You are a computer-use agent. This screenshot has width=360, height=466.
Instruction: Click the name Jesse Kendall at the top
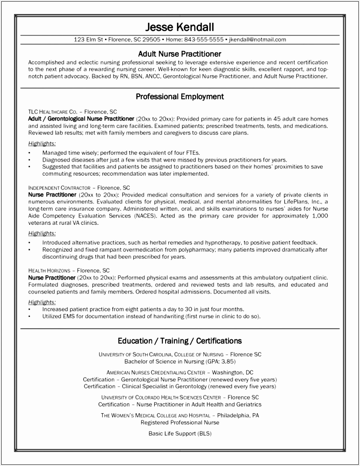pyautogui.click(x=180, y=27)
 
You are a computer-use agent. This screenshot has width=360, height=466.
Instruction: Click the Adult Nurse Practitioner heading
pyautogui.click(x=180, y=54)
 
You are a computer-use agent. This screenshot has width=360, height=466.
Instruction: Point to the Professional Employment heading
pyautogui.click(x=180, y=96)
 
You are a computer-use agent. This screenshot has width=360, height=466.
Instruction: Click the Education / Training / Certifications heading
pyautogui.click(x=180, y=341)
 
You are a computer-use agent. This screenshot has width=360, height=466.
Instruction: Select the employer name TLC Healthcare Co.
pyautogui.click(x=52, y=112)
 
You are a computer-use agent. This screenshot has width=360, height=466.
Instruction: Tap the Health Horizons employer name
pyautogui.click(x=49, y=270)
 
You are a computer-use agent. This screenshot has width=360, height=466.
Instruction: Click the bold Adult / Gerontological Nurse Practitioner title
pyautogui.click(x=81, y=119)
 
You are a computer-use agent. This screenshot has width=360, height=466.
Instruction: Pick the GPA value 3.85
pyautogui.click(x=226, y=361)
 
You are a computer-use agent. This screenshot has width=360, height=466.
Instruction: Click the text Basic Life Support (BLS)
pyautogui.click(x=180, y=434)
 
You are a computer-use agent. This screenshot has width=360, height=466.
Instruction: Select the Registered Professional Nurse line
pyautogui.click(x=180, y=422)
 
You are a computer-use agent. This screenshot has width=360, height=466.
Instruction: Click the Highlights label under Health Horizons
pyautogui.click(x=42, y=302)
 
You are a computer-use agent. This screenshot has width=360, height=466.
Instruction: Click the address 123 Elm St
pyautogui.click(x=88, y=40)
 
